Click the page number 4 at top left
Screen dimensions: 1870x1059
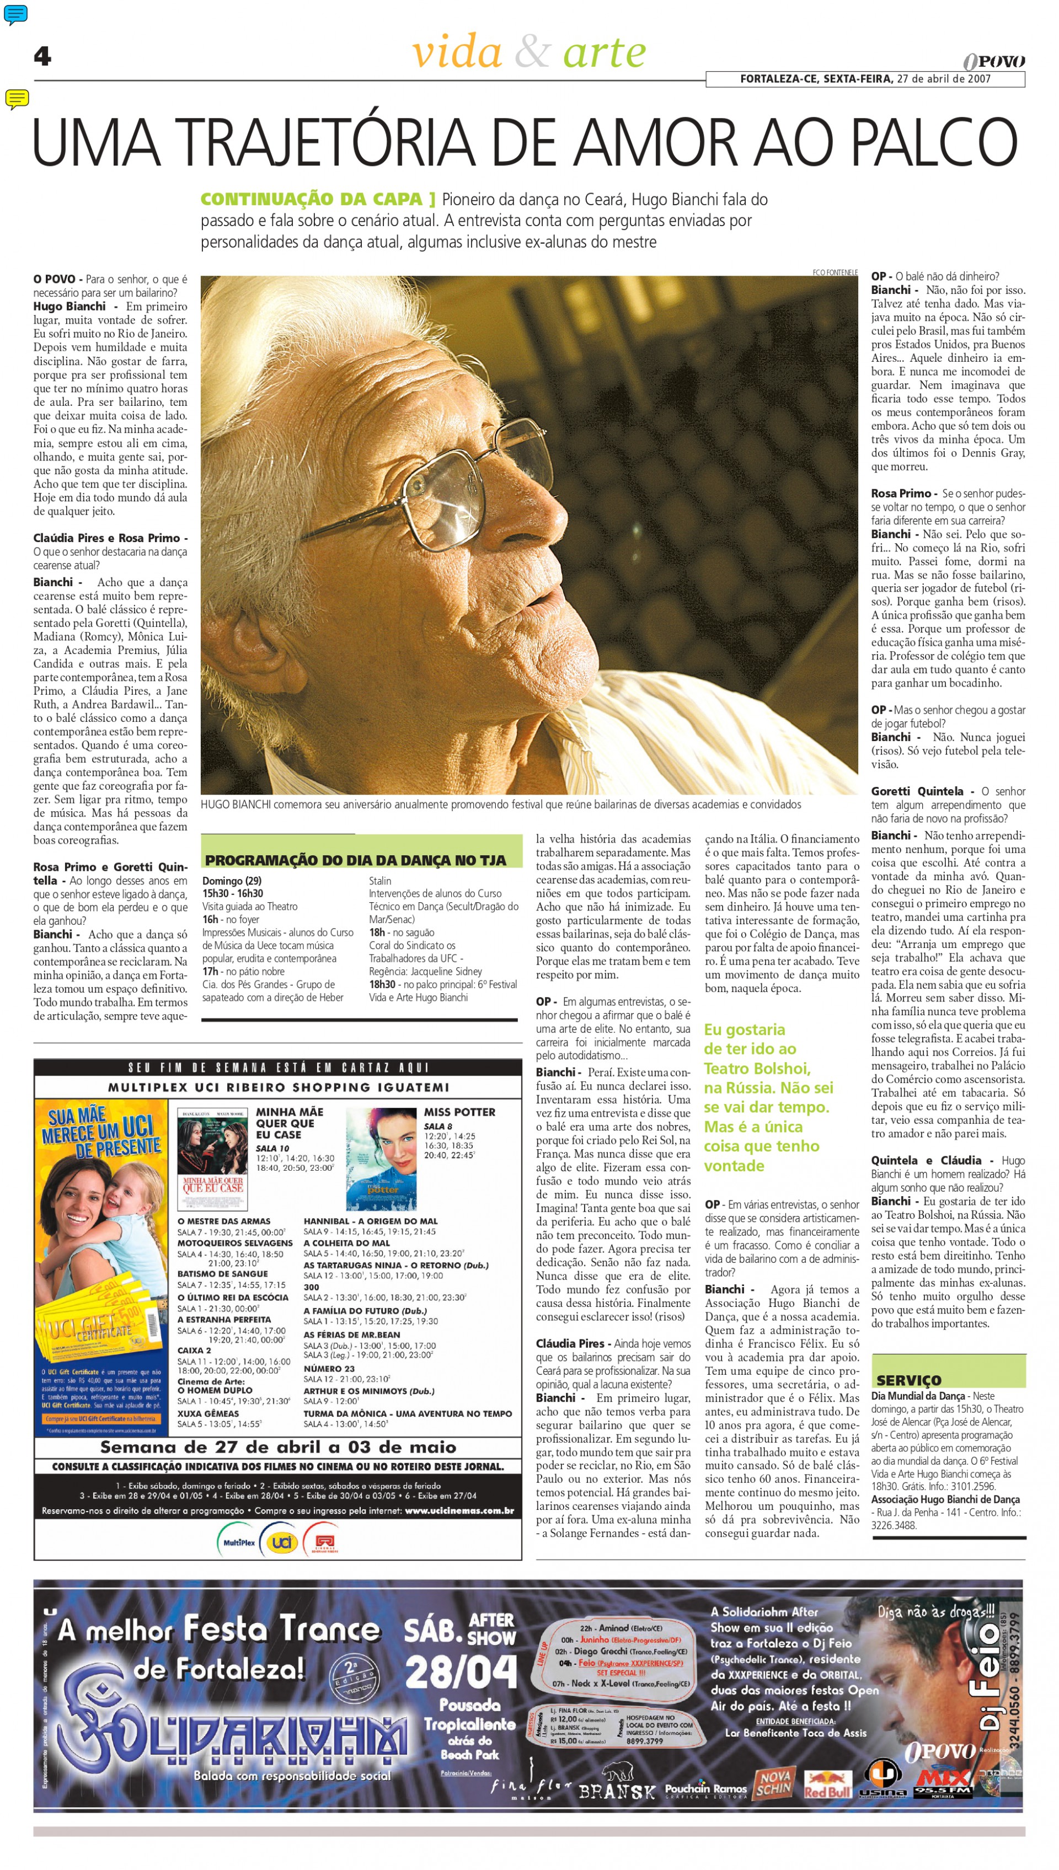(42, 56)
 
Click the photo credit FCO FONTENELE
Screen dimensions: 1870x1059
(835, 272)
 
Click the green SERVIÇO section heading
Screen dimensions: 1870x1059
(908, 1379)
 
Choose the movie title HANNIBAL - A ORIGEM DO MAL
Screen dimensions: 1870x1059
(370, 1221)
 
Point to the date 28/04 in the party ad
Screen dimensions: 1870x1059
(461, 1673)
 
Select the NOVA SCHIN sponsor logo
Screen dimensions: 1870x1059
(774, 1781)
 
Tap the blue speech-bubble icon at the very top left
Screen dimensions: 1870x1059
(15, 13)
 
